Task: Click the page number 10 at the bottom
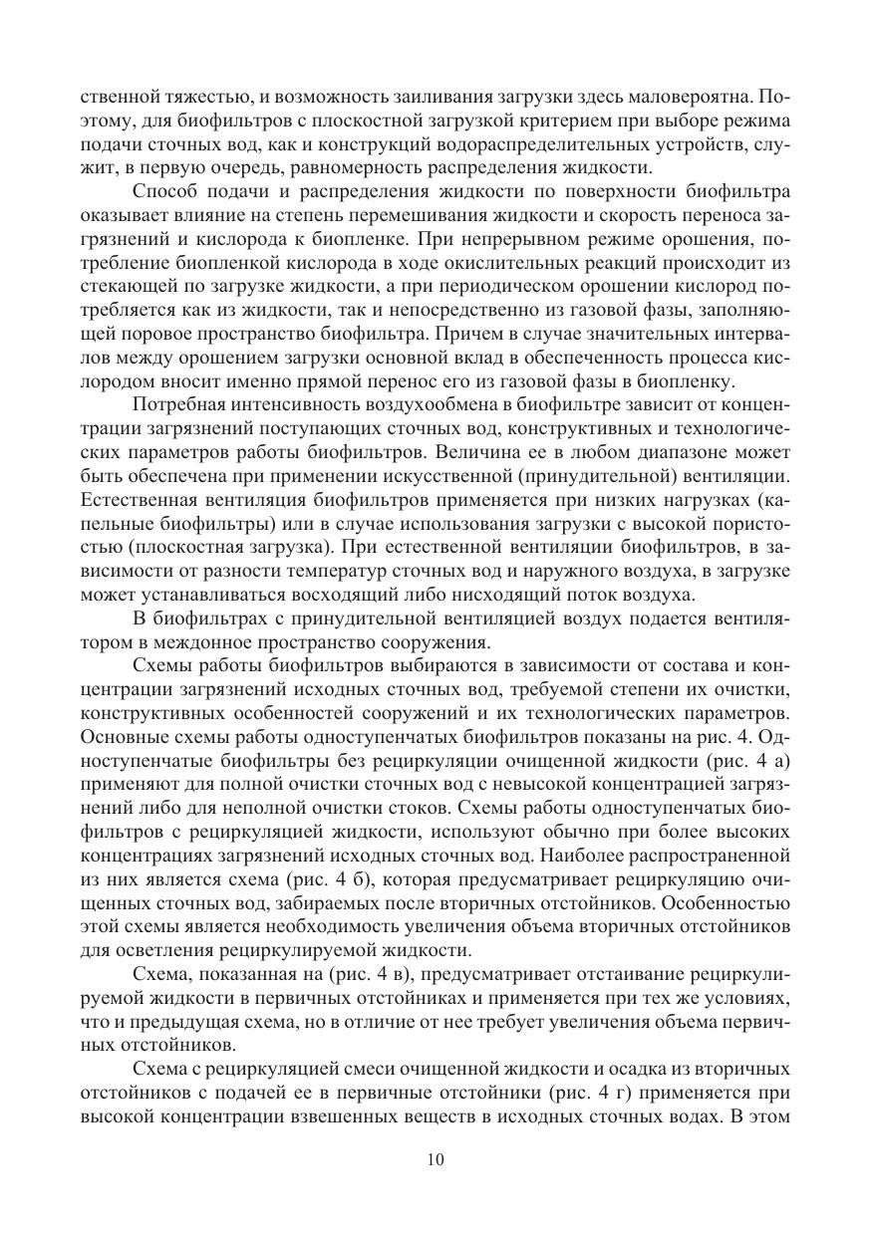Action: pos(436,1159)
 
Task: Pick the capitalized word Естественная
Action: pos(134,503)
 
